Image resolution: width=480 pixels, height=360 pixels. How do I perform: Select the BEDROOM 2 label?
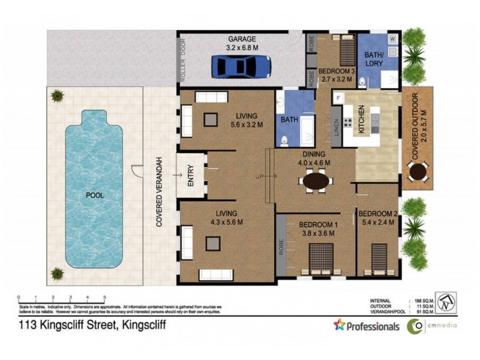click(378, 213)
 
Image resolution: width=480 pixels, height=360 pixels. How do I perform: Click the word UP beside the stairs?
click(259, 176)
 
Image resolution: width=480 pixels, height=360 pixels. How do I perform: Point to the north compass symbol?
click(445, 302)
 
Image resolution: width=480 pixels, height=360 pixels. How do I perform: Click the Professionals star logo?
click(340, 325)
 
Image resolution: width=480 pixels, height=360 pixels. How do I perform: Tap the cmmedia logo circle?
click(414, 326)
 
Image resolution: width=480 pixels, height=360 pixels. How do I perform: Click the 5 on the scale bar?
click(104, 297)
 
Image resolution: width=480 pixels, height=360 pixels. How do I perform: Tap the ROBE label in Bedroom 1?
click(281, 249)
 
